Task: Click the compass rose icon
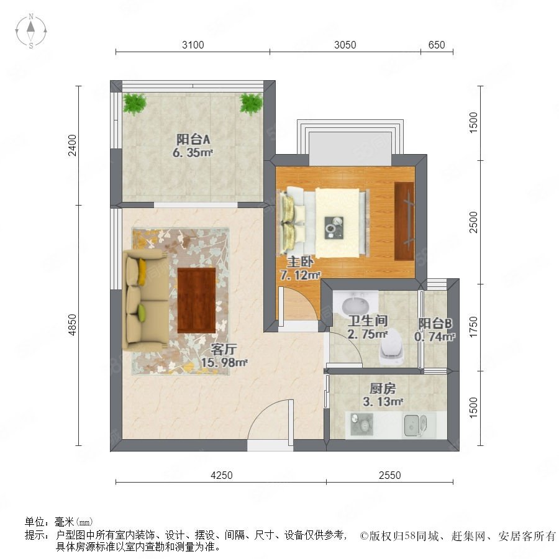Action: [x=31, y=31]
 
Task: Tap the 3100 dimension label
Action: [x=193, y=45]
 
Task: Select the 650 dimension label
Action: [x=437, y=45]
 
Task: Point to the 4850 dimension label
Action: [x=72, y=325]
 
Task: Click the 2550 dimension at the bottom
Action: [x=389, y=475]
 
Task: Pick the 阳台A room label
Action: [x=193, y=139]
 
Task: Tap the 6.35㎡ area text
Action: [x=193, y=153]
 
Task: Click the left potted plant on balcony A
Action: [x=134, y=103]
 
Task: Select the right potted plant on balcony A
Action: [x=252, y=103]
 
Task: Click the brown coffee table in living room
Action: [x=196, y=300]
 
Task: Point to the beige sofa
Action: [x=145, y=299]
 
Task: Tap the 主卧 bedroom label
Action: [x=300, y=262]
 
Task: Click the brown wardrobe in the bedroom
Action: [x=404, y=221]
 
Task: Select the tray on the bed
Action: [x=334, y=228]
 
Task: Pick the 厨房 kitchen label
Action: [x=383, y=388]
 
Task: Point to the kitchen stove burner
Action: [x=361, y=424]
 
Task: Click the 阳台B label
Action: [x=435, y=323]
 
